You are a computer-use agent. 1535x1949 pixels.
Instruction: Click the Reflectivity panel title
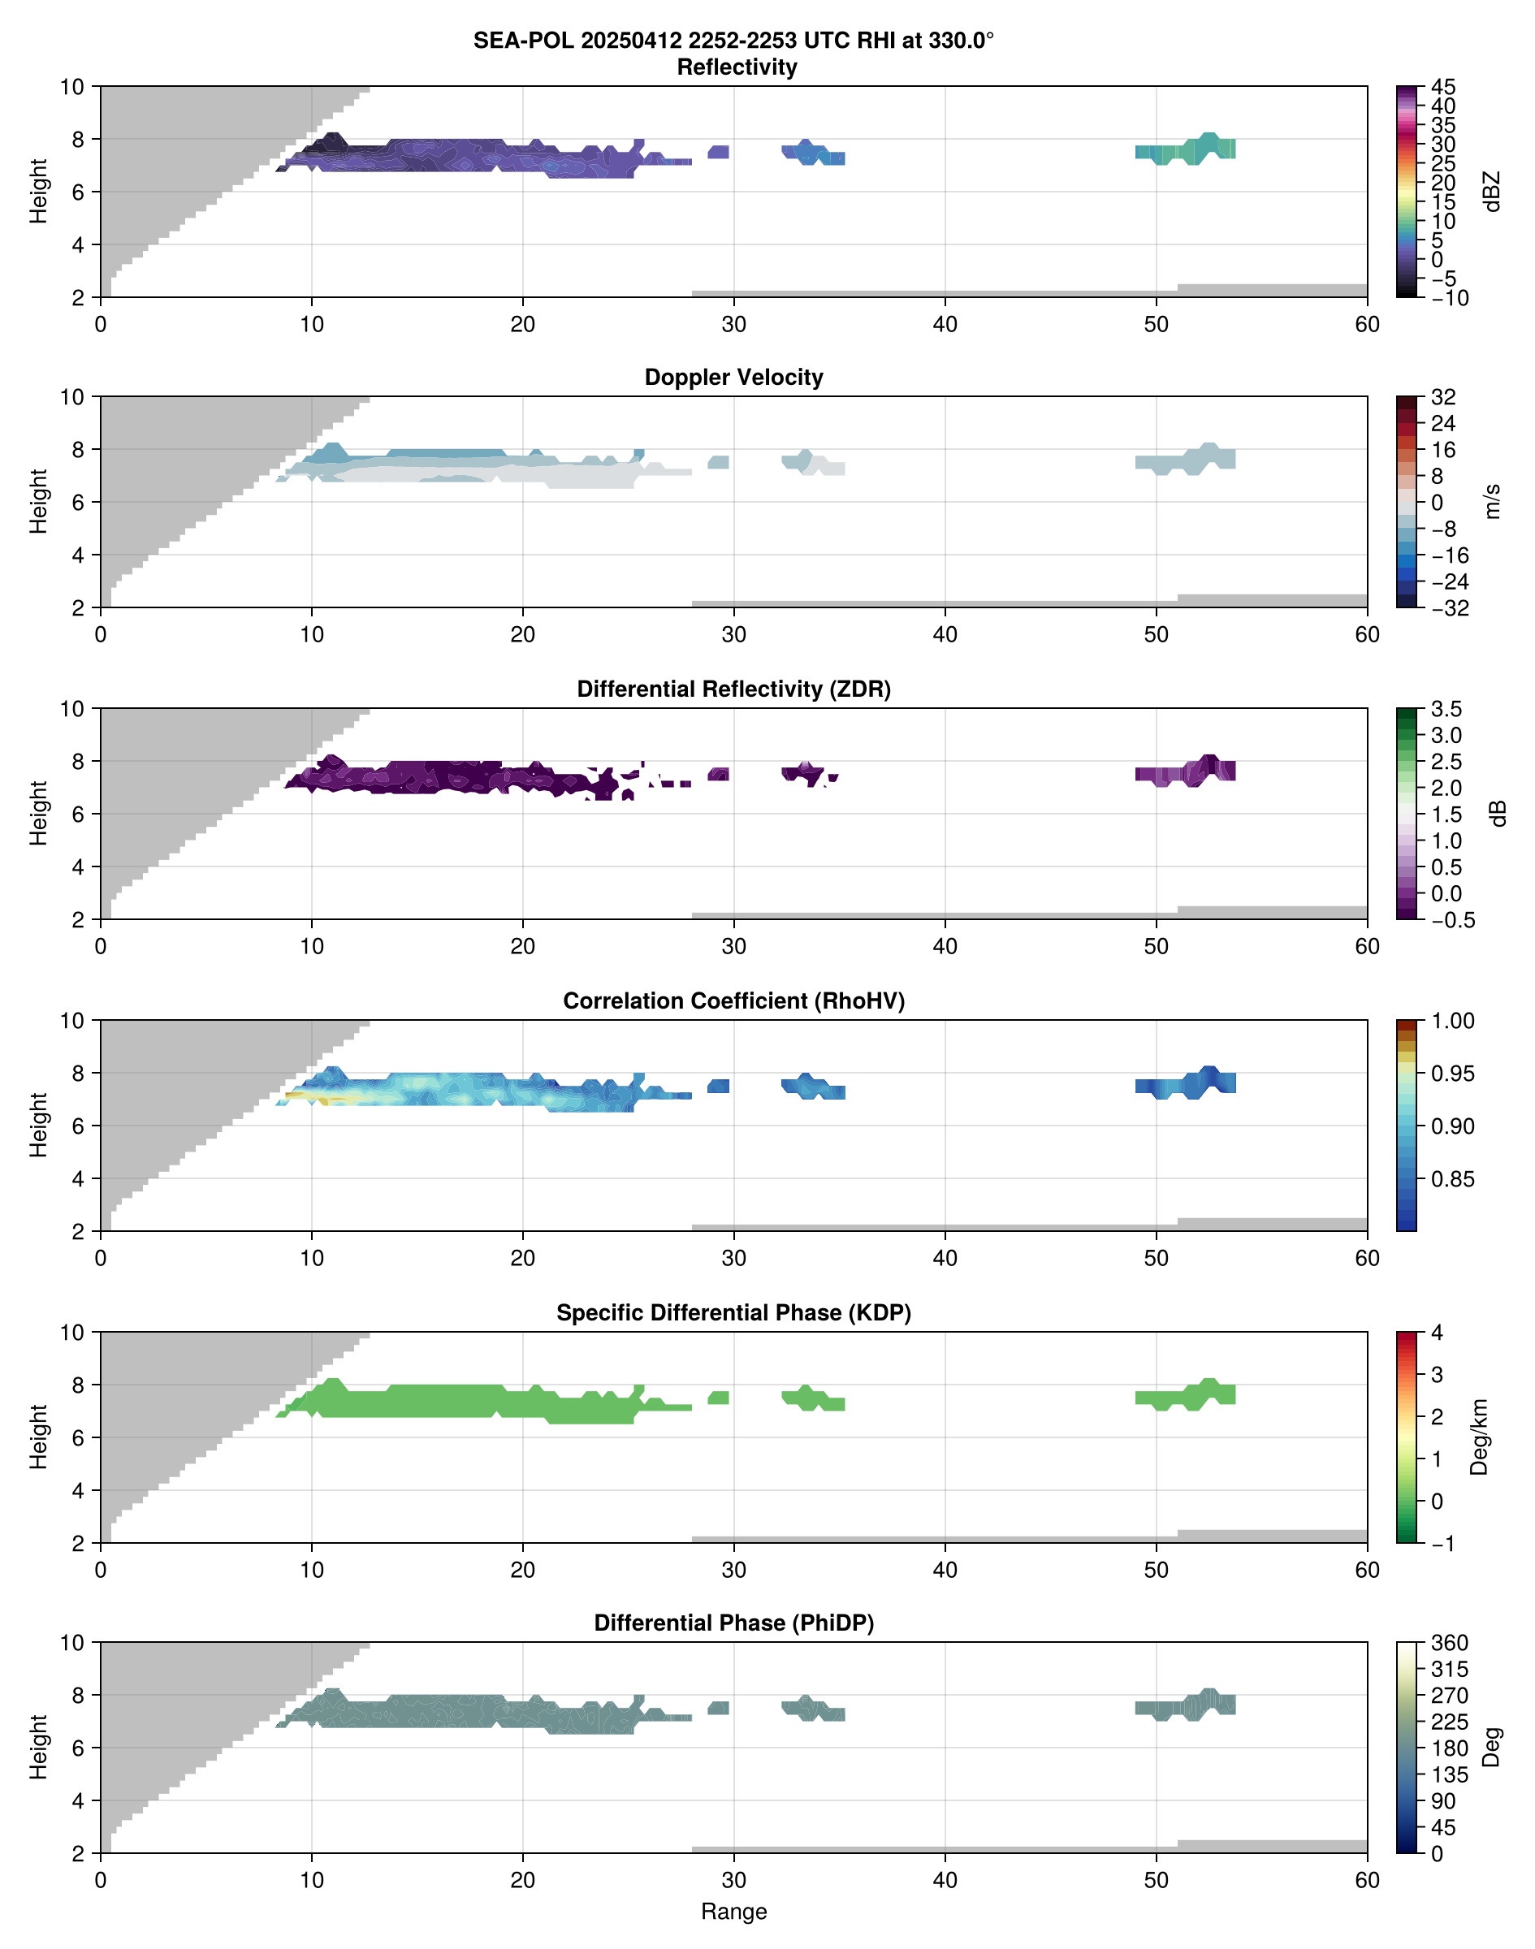[x=736, y=67]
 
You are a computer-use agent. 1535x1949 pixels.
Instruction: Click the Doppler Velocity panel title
[x=733, y=378]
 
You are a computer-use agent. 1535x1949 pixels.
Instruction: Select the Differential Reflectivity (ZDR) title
[x=733, y=689]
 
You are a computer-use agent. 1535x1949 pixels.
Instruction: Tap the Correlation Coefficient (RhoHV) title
[x=733, y=1001]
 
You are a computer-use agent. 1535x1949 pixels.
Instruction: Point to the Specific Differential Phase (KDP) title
[x=733, y=1313]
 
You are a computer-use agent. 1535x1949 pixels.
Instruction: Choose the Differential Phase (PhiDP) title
[x=733, y=1623]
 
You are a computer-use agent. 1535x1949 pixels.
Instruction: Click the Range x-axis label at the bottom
[x=733, y=1912]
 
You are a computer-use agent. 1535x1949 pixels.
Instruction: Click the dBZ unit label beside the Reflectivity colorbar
[x=1493, y=192]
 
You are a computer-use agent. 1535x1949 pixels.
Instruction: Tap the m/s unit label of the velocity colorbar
[x=1493, y=501]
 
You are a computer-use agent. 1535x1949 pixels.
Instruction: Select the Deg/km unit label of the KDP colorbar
[x=1479, y=1437]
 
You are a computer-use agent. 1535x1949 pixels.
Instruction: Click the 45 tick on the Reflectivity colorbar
[x=1443, y=87]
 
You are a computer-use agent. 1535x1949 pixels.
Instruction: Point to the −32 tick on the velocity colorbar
[x=1449, y=608]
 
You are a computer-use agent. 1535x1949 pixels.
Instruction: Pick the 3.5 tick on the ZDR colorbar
[x=1446, y=709]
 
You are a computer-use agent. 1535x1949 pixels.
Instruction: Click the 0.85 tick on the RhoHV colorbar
[x=1451, y=1179]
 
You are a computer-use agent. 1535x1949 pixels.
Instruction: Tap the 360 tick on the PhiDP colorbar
[x=1449, y=1643]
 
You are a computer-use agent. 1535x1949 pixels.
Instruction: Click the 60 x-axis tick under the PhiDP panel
[x=1367, y=1880]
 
